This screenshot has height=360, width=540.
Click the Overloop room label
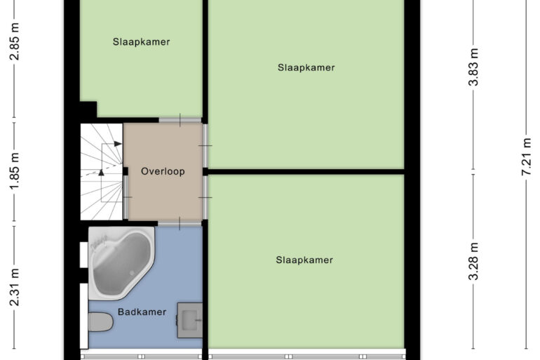163,171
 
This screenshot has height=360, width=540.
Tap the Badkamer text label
142,312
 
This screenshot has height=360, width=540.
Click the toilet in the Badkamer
100,322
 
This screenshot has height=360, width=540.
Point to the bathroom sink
189,320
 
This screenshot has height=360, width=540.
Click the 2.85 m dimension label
15,41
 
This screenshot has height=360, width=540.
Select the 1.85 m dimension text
15,171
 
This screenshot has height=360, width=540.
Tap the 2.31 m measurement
15,288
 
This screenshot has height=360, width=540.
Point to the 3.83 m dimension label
474,67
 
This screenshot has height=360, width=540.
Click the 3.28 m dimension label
474,261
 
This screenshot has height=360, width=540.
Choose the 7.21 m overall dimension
527,156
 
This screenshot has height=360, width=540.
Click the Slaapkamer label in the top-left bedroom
141,41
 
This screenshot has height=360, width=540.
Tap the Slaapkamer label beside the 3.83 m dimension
306,67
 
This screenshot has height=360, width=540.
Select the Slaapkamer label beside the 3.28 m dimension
304,260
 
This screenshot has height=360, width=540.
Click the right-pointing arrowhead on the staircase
118,144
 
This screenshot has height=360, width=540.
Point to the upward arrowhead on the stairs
101,172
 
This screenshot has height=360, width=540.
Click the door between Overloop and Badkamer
180,224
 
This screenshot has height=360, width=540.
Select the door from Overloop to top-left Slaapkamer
180,120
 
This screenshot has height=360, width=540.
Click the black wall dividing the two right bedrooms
306,171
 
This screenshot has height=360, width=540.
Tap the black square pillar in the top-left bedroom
88,109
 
